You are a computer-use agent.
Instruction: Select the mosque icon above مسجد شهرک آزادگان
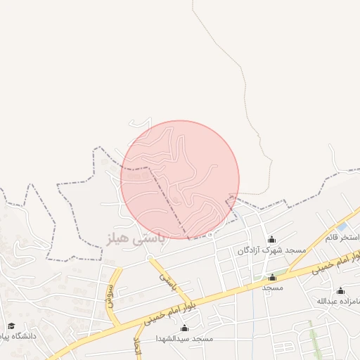pos(271,240)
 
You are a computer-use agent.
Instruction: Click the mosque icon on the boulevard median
pos(273,277)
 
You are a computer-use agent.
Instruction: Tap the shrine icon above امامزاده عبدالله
pos(341,290)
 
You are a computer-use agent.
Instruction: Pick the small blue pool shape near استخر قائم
pos(342,227)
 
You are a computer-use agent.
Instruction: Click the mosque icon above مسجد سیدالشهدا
pos(184,328)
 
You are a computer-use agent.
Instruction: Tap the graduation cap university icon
pos(11,326)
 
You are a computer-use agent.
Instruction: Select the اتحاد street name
pos(138,345)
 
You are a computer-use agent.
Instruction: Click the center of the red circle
pos(180,179)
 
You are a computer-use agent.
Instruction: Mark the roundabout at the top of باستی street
pos(148,258)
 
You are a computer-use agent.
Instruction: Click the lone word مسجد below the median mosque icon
pos(272,288)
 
